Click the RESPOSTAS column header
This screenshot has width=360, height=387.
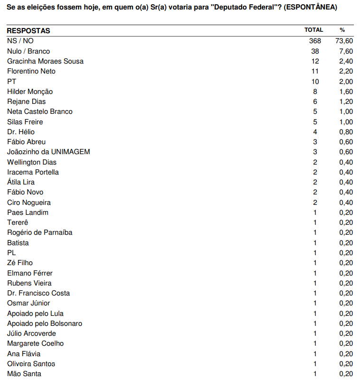click(x=28, y=31)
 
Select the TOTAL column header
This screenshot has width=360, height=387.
click(x=314, y=30)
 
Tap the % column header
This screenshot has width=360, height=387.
click(x=342, y=30)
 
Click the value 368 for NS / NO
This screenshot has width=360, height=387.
click(x=315, y=41)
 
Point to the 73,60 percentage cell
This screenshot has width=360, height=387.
click(x=344, y=41)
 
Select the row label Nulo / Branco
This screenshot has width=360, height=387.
click(x=28, y=51)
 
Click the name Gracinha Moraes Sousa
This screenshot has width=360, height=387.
click(x=46, y=61)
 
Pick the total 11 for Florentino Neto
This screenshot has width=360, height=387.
click(x=315, y=71)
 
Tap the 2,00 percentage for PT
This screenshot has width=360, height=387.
click(x=346, y=82)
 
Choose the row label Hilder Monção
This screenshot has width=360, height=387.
click(x=30, y=92)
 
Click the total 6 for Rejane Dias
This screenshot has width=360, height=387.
click(x=315, y=101)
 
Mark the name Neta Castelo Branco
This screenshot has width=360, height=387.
click(x=40, y=111)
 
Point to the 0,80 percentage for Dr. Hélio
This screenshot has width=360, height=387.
click(x=346, y=132)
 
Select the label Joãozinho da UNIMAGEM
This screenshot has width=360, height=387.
click(x=48, y=152)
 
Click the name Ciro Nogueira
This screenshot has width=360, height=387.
click(x=29, y=203)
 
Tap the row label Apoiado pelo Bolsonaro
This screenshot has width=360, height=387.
click(x=45, y=323)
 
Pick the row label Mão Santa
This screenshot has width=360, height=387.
click(x=24, y=374)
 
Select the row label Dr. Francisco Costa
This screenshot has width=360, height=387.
click(x=38, y=293)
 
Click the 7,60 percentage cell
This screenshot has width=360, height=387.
click(x=346, y=51)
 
